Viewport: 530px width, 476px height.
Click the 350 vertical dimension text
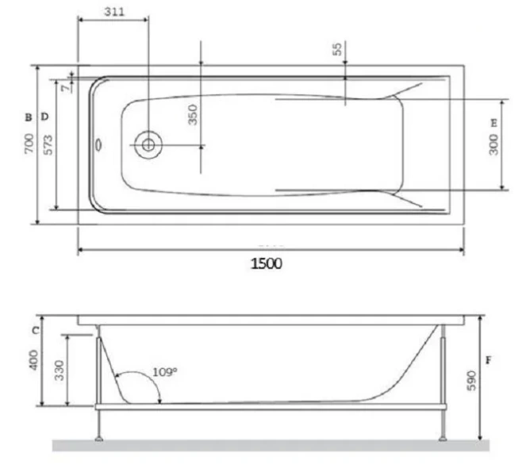click(x=192, y=114)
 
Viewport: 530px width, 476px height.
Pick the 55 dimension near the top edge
click(x=338, y=49)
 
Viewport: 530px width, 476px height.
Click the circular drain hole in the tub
click(x=148, y=145)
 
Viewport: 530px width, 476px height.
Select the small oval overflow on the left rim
click(x=98, y=145)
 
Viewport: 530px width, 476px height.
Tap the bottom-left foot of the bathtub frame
click(x=98, y=436)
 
